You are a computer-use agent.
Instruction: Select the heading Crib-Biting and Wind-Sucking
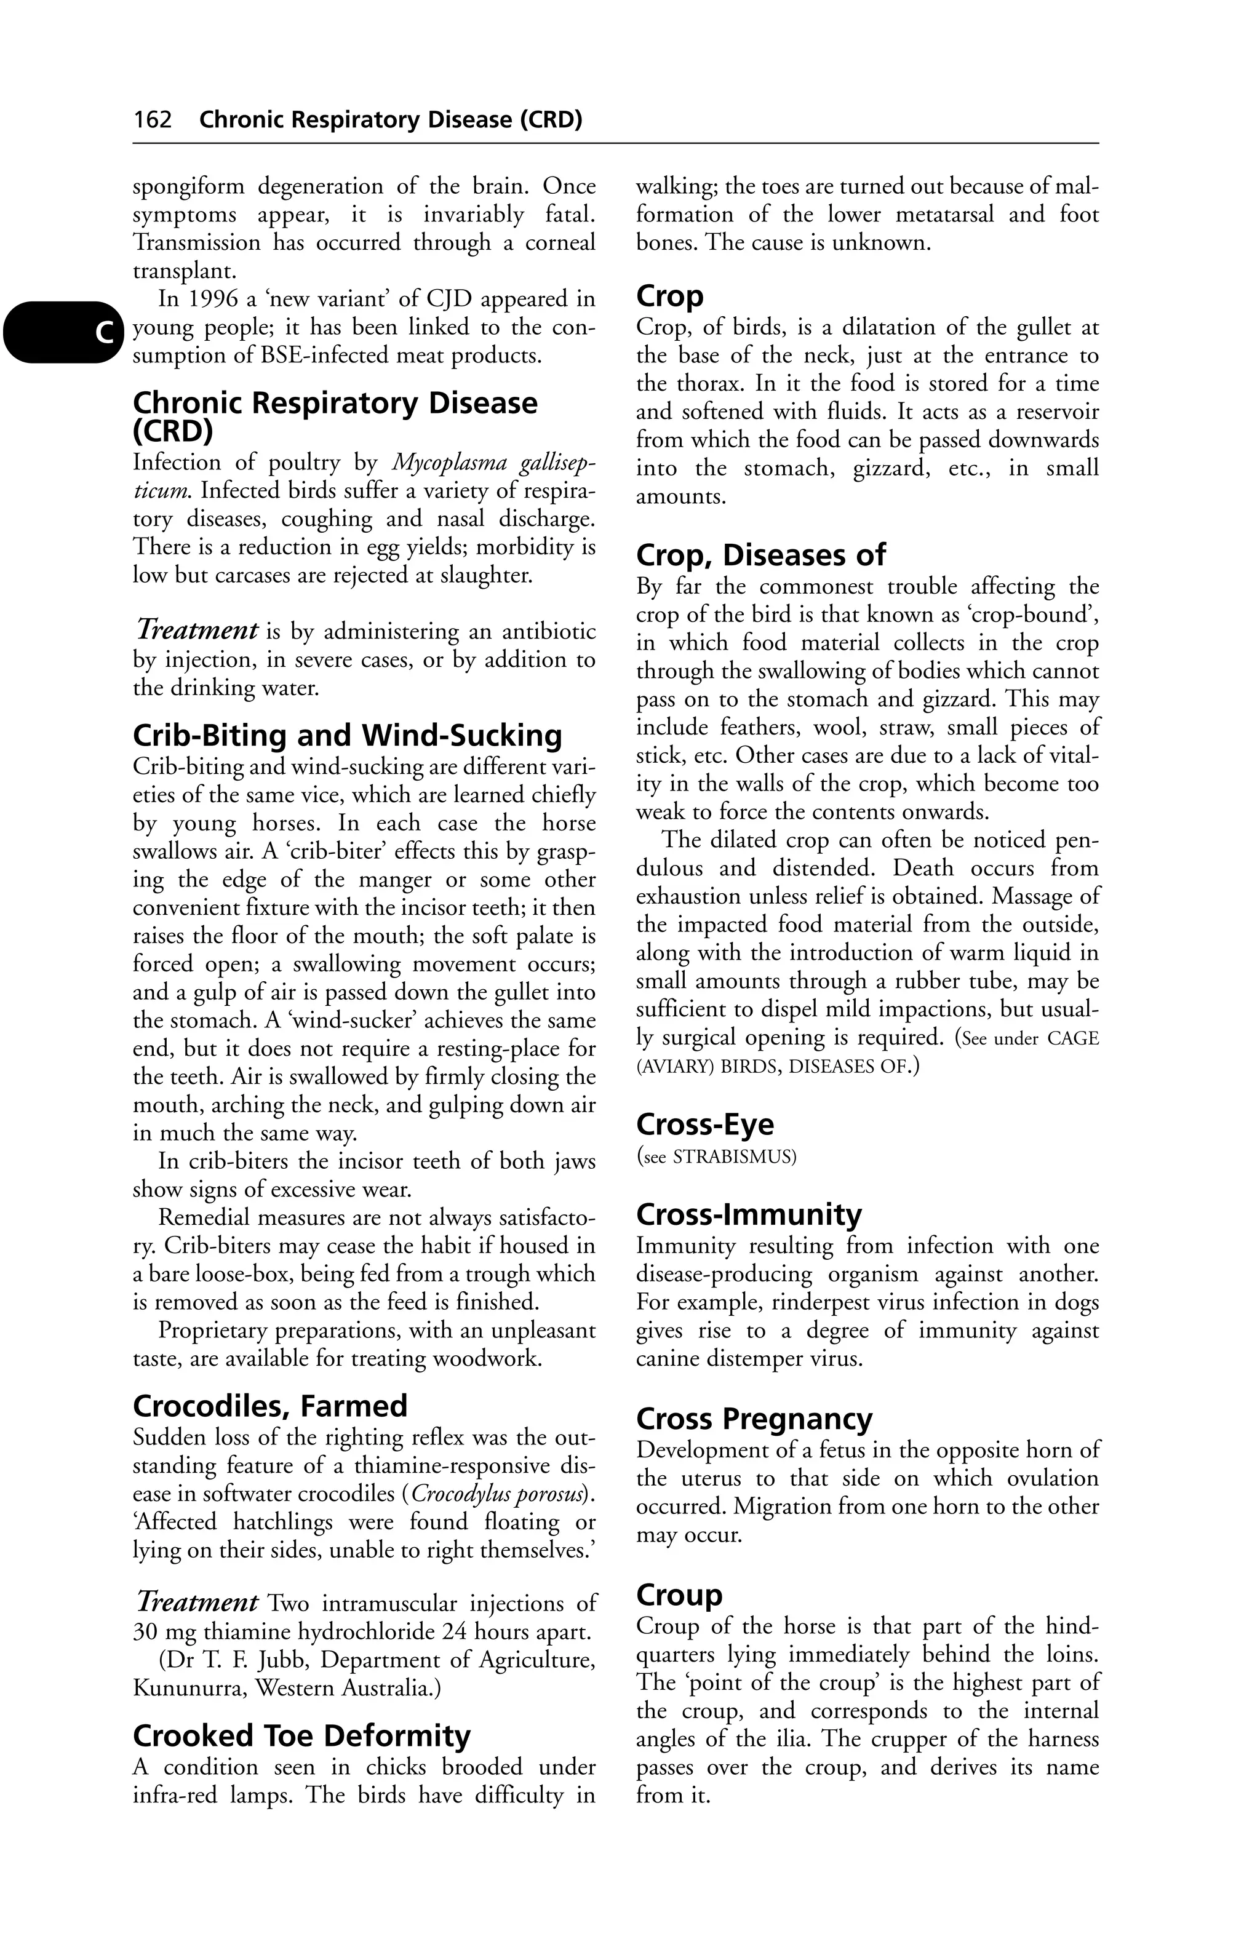click(347, 736)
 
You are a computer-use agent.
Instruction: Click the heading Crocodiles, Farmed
click(269, 1406)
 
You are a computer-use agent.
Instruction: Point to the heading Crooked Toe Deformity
click(301, 1736)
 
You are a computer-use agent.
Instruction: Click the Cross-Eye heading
click(704, 1124)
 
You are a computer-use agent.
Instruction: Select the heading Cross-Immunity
click(749, 1214)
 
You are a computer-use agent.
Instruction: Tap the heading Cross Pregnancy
click(754, 1419)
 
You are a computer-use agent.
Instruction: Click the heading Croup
click(679, 1595)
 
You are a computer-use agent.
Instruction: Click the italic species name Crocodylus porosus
click(498, 1495)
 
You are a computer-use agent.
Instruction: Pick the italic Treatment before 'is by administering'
click(197, 631)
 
